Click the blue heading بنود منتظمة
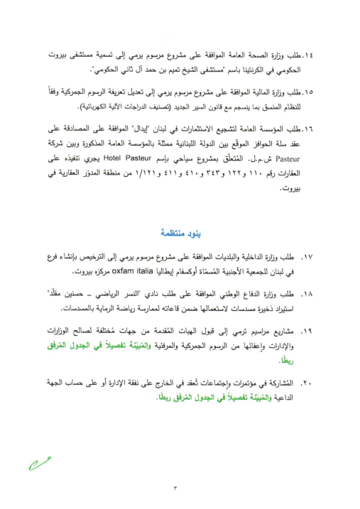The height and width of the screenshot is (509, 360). coord(180,234)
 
